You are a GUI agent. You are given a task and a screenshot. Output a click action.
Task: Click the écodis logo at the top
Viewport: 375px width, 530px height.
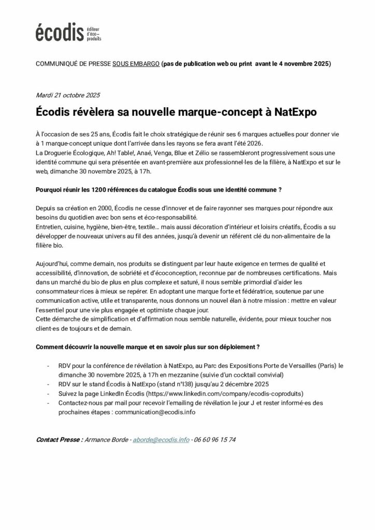pos(68,32)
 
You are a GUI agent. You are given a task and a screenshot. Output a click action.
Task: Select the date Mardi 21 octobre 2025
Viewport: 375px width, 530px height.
pos(68,95)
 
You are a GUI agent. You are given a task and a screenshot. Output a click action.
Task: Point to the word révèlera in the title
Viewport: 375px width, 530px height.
pos(96,111)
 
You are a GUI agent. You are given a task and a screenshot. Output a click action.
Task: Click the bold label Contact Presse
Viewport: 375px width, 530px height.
pos(59,439)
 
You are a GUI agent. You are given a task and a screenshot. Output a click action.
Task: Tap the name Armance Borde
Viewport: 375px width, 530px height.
pos(108,439)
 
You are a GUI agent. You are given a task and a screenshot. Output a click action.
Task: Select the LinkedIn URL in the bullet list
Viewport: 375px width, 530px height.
pos(228,393)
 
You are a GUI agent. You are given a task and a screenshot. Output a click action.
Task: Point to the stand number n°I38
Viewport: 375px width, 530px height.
pos(198,384)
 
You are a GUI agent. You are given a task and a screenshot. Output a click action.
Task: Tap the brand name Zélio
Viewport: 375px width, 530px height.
pos(184,153)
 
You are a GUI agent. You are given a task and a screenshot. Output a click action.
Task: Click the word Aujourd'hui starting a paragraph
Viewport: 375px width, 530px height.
pos(53,263)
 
